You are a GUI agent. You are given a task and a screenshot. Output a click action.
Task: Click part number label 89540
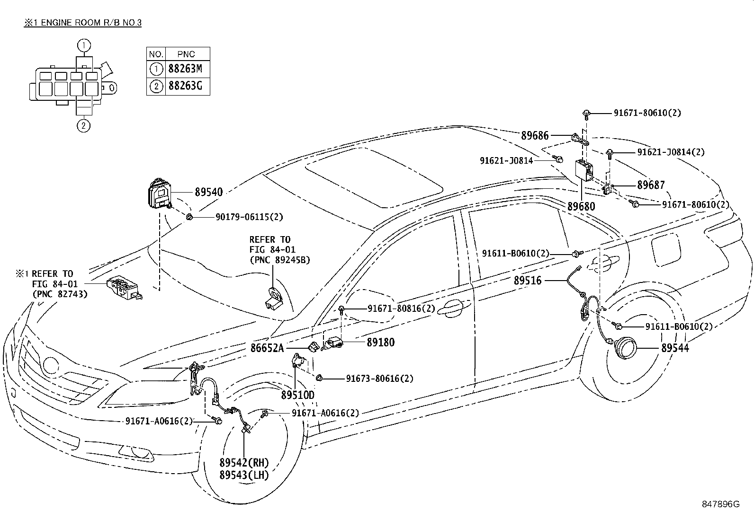[208, 192]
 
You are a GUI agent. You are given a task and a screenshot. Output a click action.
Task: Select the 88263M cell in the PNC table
[185, 69]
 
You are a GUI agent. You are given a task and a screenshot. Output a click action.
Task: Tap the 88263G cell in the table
[185, 86]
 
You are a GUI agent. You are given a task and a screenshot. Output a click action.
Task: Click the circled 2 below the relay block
[83, 126]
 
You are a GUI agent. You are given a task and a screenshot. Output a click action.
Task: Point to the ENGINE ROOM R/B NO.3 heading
[83, 23]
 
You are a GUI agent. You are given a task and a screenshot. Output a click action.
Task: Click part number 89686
[535, 136]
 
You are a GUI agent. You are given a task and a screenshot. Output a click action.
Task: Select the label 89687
[651, 185]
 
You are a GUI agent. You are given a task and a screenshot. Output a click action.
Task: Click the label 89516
[528, 281]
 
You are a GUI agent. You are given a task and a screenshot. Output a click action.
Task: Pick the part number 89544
[675, 348]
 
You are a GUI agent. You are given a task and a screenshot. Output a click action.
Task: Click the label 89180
[380, 342]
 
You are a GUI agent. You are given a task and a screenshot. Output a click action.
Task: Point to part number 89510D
[297, 395]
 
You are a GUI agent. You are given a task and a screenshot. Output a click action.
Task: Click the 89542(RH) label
[244, 463]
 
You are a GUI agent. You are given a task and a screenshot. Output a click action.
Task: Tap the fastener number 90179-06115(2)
[249, 217]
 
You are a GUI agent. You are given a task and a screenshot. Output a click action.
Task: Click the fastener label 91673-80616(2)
[379, 379]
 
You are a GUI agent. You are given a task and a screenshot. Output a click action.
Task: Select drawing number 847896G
[720, 503]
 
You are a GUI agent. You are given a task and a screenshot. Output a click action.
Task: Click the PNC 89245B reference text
[279, 259]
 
